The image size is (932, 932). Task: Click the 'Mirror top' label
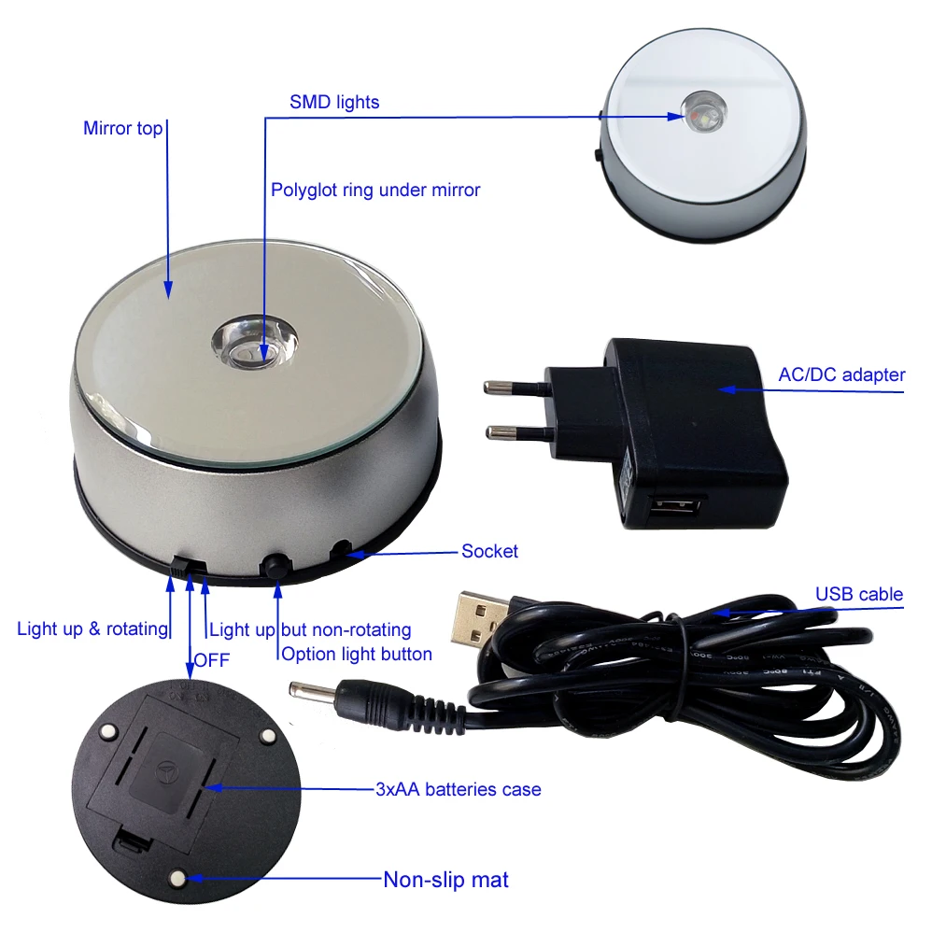point(122,129)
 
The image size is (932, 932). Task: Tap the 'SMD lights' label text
point(334,102)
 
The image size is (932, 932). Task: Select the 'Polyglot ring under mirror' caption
point(375,191)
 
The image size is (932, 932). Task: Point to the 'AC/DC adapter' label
point(841,374)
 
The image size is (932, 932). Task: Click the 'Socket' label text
point(489,551)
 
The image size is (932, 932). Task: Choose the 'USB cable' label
point(858,594)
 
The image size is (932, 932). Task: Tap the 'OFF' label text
point(212,660)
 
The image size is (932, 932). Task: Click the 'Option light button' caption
point(357,654)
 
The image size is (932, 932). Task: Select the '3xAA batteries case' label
point(458,789)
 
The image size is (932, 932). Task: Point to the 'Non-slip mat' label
point(445,880)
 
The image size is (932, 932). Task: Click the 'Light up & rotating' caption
point(92,628)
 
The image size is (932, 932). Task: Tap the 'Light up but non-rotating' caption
point(310,629)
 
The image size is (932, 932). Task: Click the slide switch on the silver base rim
point(190,566)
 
